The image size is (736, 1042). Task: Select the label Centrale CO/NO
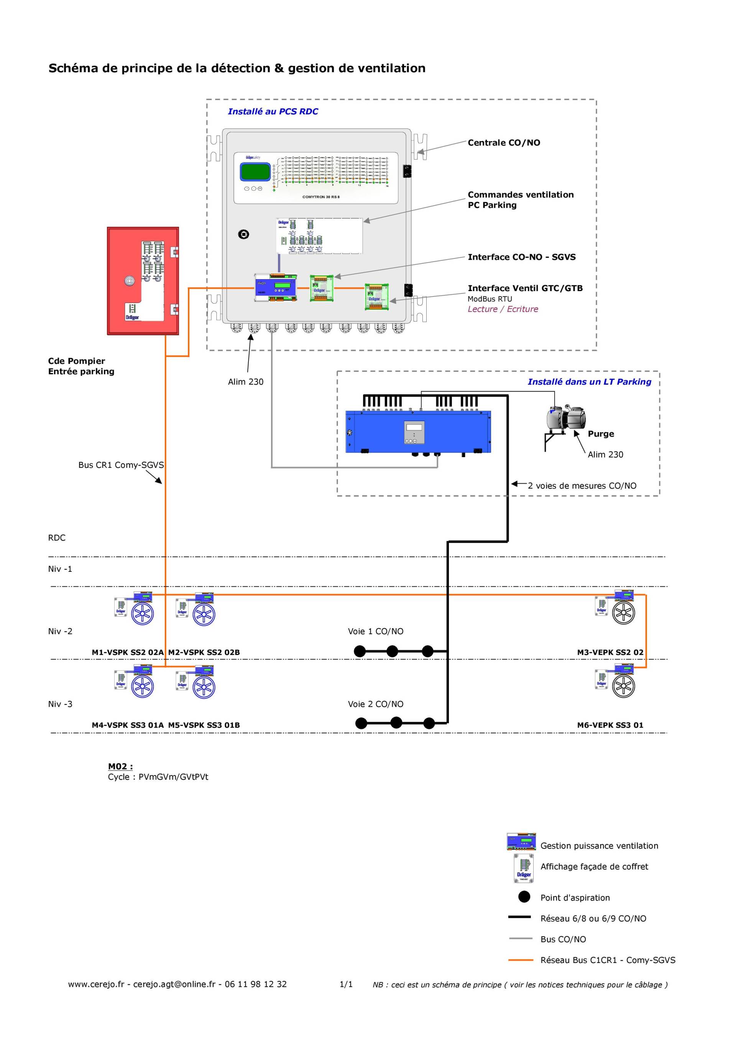[x=504, y=143]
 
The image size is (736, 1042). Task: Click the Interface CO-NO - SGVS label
[x=521, y=257]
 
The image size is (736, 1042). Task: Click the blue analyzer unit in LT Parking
[x=418, y=431]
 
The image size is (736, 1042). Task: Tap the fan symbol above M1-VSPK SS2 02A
[x=143, y=614]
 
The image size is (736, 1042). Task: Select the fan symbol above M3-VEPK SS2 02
[x=623, y=613]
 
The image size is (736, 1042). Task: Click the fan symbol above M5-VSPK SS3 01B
[x=204, y=687]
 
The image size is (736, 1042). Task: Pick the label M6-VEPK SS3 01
[x=610, y=725]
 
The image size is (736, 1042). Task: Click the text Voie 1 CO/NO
[x=375, y=631]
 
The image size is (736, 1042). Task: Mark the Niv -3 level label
[x=60, y=705]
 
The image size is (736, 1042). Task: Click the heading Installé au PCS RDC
[x=273, y=112]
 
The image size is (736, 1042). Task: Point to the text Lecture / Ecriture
[x=503, y=309]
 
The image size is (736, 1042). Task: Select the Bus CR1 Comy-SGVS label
[x=121, y=465]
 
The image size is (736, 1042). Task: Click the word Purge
[x=601, y=434]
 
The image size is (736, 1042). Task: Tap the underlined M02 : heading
[x=120, y=767]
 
